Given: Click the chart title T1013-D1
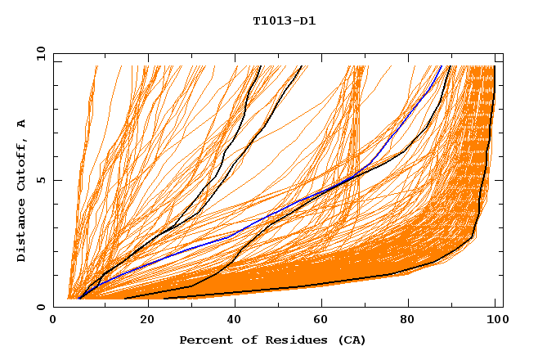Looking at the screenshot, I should [284, 21].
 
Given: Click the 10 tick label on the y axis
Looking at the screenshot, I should [39, 53].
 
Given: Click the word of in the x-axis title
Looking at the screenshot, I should [248, 340].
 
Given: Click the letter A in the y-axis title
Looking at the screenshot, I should [22, 123].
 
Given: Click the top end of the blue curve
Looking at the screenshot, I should [442, 67].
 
